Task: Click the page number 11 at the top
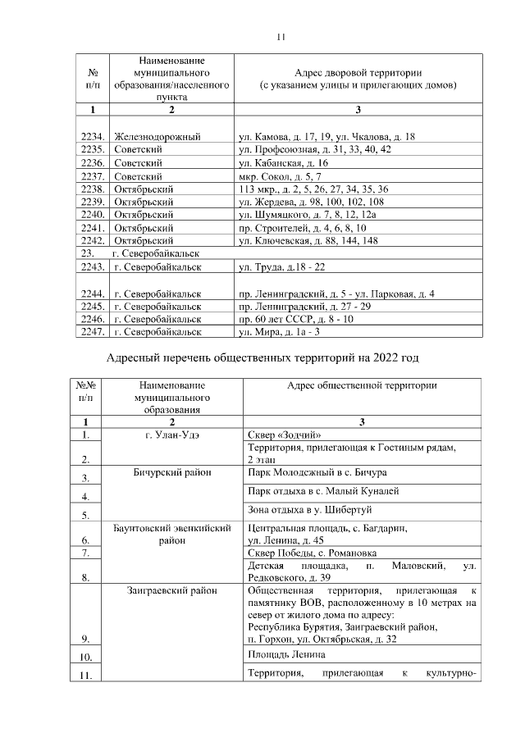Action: [x=280, y=37]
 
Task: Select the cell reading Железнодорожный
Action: [x=158, y=137]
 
